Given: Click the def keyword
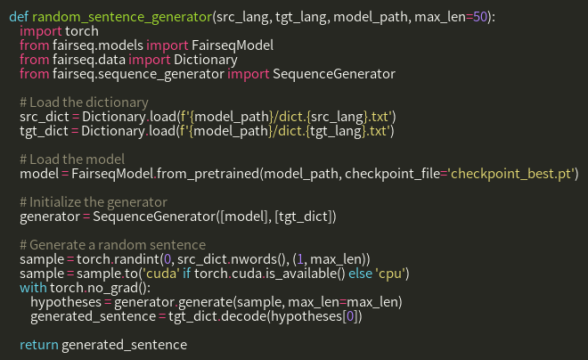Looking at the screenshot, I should click(18, 16).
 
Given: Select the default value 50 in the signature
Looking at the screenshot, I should click(483, 16).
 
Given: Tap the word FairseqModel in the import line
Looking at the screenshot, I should click(231, 45).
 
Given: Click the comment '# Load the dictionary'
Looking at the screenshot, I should click(83, 102).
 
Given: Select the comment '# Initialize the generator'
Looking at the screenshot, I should click(93, 201).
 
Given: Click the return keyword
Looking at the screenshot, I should click(38, 344).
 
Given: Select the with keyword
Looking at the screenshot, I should click(33, 287).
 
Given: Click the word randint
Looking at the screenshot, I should click(140, 258).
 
